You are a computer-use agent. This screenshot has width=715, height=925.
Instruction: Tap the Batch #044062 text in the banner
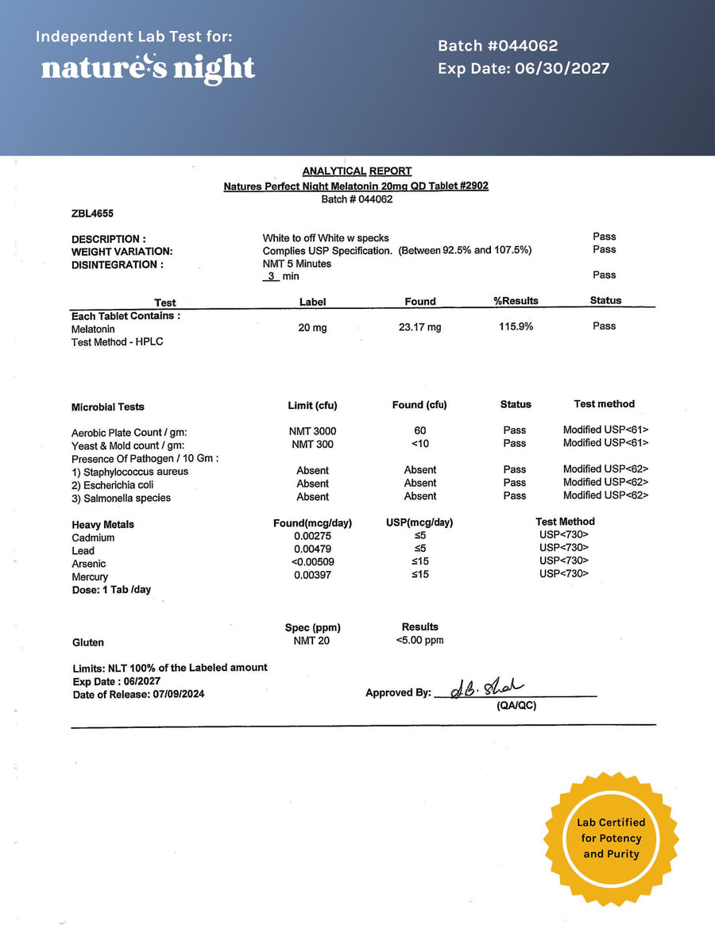point(497,46)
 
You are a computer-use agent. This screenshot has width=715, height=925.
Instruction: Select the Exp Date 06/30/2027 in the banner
point(523,68)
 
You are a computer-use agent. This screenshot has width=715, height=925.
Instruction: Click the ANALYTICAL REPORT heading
point(357,172)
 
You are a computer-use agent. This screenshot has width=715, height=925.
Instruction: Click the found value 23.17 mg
point(419,327)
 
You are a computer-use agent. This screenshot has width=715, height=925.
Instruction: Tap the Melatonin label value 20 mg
point(312,328)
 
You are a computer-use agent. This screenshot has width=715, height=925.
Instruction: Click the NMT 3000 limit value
point(312,431)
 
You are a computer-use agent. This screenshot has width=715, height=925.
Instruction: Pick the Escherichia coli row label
point(112,485)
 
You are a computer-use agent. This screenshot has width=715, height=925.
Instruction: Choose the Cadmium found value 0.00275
point(312,538)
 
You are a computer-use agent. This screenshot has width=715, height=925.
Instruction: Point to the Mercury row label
point(89,577)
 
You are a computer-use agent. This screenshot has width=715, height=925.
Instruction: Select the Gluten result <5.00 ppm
point(419,641)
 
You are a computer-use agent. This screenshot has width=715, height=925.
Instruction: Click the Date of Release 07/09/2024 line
point(138,695)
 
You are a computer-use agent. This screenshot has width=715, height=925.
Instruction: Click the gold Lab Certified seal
point(610,838)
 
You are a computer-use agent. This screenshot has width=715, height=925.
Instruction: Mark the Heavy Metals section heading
point(102,525)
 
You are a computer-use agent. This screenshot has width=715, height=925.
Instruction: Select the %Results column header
point(516,301)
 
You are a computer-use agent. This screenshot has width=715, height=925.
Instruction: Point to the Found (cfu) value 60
point(419,430)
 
